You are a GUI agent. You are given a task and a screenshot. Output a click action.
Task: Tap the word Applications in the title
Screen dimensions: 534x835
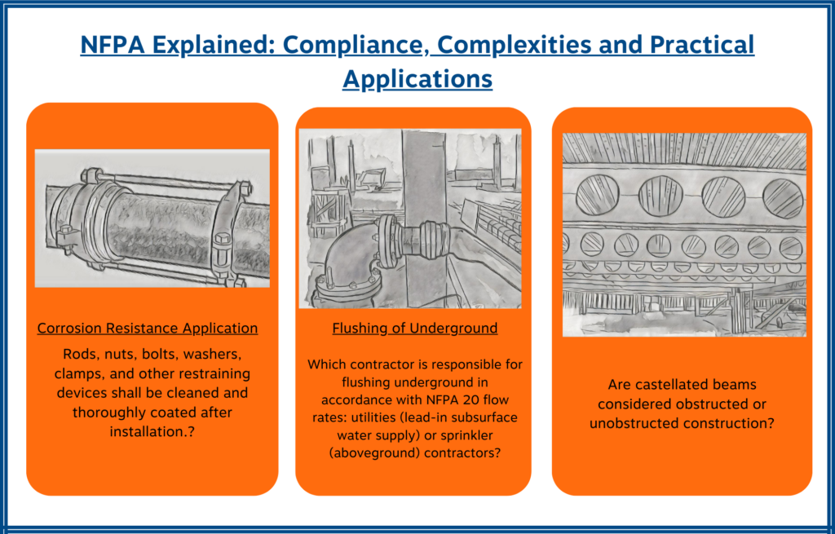click(x=417, y=78)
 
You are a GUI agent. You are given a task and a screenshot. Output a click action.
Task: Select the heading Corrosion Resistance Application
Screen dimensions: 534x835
click(x=148, y=329)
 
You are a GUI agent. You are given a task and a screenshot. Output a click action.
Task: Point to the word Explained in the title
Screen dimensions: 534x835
click(x=201, y=44)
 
